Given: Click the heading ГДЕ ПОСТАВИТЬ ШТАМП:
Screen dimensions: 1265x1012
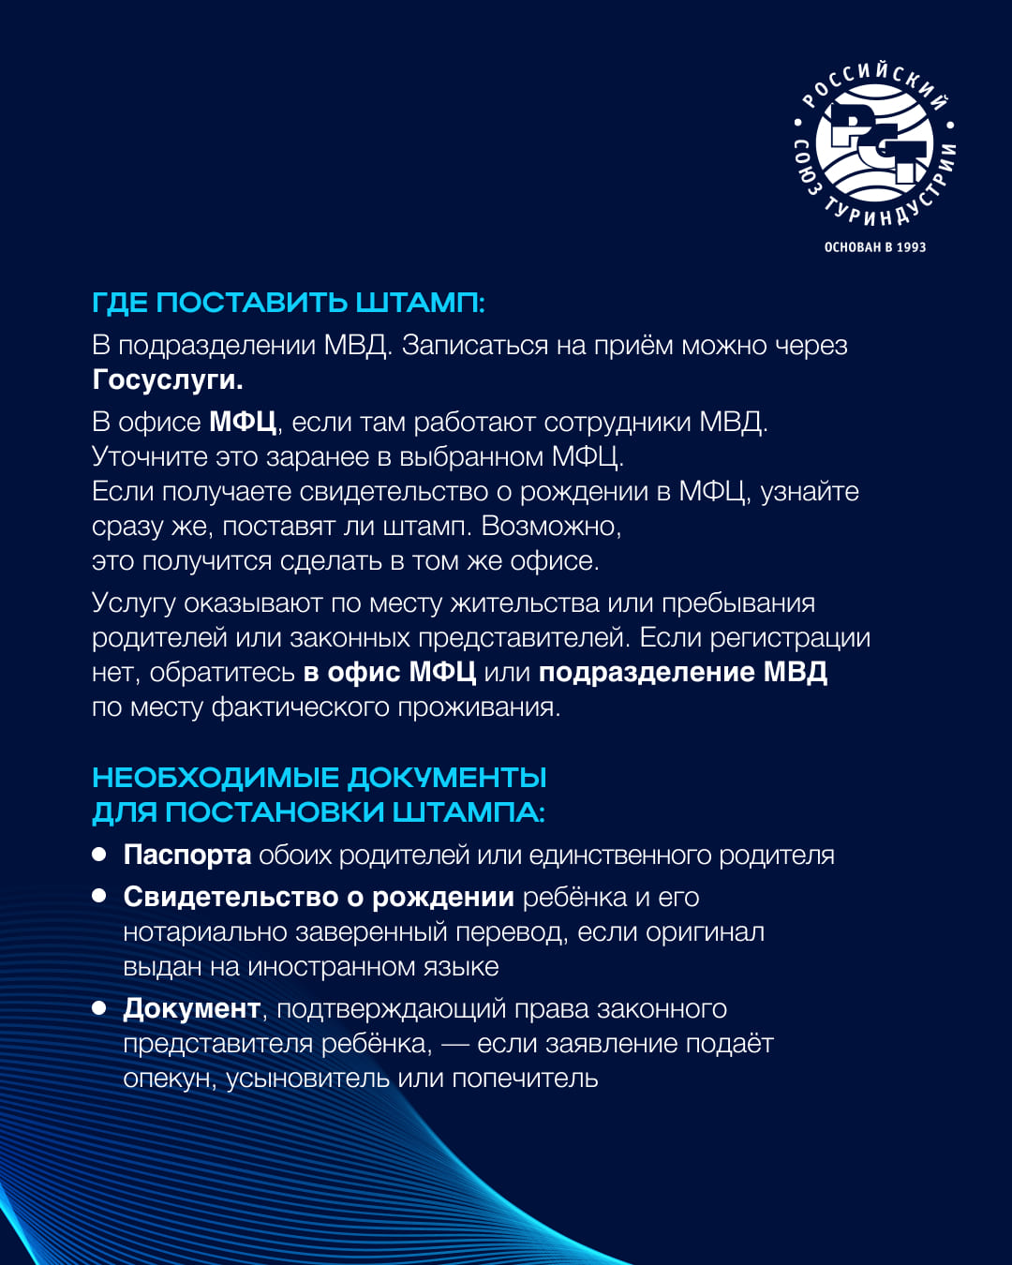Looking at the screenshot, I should [288, 303].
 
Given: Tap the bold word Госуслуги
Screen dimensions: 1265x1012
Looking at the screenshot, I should [168, 379].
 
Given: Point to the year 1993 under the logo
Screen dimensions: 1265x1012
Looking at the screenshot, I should [910, 247].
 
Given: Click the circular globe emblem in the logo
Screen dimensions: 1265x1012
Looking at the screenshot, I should [873, 144].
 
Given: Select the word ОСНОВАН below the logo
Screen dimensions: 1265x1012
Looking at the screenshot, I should [853, 247].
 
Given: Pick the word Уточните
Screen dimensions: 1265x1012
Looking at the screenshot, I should [150, 456].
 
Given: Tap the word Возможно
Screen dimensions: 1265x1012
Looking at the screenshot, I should [551, 526].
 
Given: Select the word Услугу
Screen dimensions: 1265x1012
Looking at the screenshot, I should [133, 603].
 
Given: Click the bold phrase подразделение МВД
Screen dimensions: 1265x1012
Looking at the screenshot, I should [682, 672].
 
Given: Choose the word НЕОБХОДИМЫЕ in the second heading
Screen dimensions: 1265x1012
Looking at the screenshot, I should [216, 778].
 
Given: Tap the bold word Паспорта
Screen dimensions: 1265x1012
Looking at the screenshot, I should [187, 855].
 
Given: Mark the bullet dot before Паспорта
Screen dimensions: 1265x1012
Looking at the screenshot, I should [99, 854].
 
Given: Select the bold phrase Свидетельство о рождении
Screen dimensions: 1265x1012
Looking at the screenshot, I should [319, 897].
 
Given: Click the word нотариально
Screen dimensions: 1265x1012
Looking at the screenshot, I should [205, 931].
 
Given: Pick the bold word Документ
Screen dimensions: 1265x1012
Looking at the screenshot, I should [191, 1008].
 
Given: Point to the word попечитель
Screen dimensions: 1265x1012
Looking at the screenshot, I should [525, 1078].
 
